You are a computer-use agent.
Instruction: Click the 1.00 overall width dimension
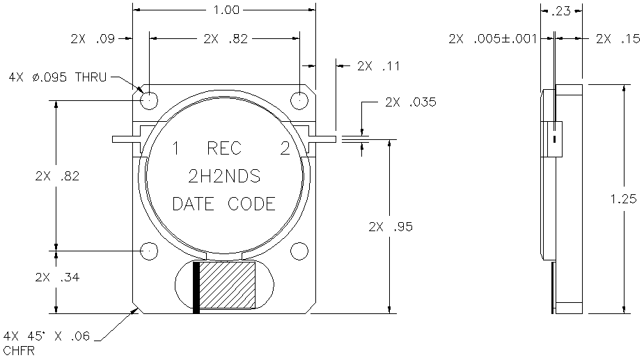point(226,10)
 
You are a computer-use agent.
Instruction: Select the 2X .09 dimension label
point(93,39)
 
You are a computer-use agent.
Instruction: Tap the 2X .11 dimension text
point(378,65)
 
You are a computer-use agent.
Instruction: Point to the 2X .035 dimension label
point(410,102)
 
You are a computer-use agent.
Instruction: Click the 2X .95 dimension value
point(391,226)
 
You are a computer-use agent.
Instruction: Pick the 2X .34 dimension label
point(57,277)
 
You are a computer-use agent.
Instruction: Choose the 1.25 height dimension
point(624,199)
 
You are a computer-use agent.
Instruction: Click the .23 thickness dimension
point(561,11)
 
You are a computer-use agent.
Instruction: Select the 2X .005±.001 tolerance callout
point(492,39)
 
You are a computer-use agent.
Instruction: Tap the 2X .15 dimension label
point(618,39)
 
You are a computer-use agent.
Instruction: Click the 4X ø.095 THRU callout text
point(58,77)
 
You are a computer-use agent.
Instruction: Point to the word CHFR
point(19,351)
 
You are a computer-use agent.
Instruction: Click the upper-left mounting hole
point(149,100)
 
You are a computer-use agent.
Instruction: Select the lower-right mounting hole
point(299,251)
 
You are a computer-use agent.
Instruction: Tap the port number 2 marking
point(285,148)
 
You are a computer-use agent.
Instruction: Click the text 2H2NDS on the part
point(224,176)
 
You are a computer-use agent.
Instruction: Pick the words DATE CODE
point(224,204)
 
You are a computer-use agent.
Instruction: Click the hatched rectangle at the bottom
point(227,285)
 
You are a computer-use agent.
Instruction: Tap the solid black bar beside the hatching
point(196,288)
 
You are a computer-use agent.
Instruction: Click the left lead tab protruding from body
point(127,139)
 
